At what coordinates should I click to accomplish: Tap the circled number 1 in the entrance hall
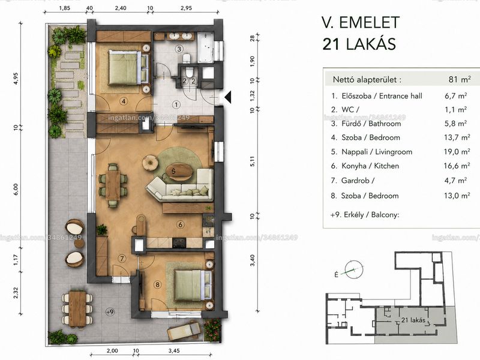pos(176,104)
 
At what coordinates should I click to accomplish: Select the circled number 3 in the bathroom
pos(179,49)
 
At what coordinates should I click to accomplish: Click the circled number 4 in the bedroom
pos(124,101)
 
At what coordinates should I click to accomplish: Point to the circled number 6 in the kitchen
pos(181,224)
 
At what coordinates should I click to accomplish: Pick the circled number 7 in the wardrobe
pos(122,259)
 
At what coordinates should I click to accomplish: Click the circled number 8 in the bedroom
pos(157,285)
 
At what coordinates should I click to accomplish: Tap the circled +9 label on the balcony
pos(110,312)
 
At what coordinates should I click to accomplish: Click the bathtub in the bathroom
pos(205,48)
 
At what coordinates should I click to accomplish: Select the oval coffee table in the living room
pos(179,172)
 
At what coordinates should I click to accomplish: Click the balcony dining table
pos(77,308)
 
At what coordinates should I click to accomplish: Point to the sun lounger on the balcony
pos(184,330)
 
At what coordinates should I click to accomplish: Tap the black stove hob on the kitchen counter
pos(179,243)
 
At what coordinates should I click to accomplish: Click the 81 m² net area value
pos(460,79)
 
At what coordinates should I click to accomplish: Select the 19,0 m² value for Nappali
pos(457,152)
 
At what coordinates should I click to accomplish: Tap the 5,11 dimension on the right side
pos(252,161)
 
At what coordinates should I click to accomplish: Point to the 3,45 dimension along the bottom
pos(174,351)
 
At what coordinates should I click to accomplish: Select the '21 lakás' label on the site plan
pos(413,320)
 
